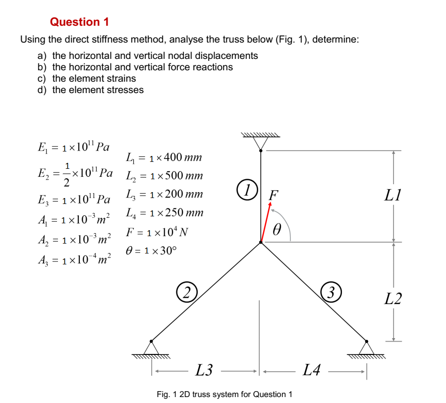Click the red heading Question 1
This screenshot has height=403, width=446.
pos(79,22)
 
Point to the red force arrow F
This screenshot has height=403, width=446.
pos(266,223)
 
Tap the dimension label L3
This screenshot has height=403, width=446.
pos(204,369)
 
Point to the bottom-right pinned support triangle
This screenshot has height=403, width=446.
pos(366,348)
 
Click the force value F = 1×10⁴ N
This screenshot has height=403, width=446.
pos(157,232)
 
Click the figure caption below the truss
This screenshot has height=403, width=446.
pos(224,394)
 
